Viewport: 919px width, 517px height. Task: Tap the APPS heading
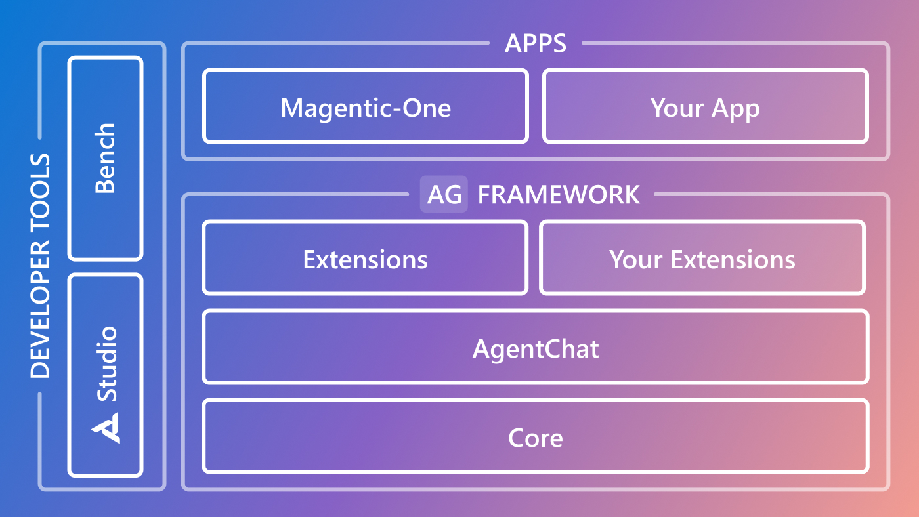coord(535,44)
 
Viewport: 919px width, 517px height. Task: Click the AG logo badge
coord(444,195)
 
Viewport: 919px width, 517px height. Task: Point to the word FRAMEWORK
coord(559,195)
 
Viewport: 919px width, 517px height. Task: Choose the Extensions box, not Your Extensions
coord(365,259)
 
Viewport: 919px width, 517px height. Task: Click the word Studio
coord(107,363)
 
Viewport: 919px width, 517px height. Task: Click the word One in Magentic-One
coord(427,108)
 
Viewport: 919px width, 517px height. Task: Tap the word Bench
coord(106,158)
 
